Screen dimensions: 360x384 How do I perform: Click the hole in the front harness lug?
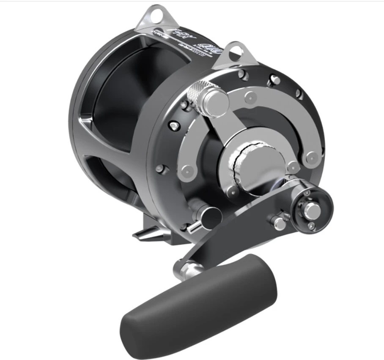pyautogui.click(x=236, y=52)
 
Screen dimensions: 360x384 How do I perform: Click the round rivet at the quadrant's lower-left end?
pyautogui.click(x=187, y=171)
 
